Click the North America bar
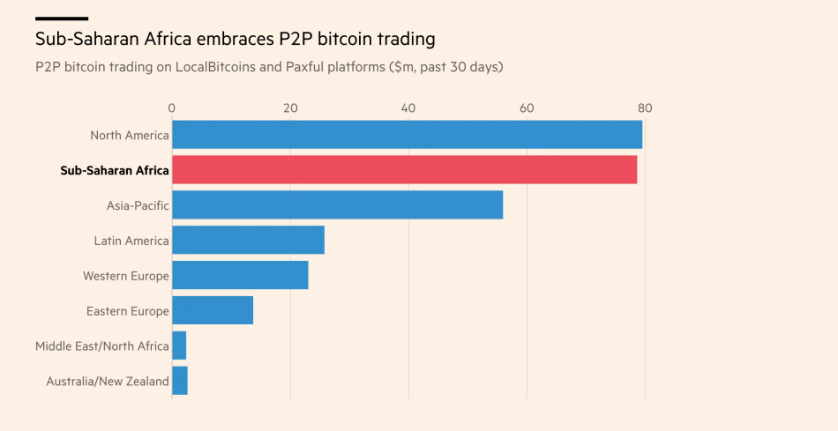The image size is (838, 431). click(407, 135)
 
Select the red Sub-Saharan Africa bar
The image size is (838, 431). click(404, 170)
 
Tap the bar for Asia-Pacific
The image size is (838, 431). click(337, 205)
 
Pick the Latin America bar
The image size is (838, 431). click(248, 241)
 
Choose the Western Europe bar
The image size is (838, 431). click(240, 276)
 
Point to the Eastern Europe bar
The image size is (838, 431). click(213, 310)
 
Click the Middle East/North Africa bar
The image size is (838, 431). click(179, 346)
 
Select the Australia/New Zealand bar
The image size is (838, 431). click(180, 381)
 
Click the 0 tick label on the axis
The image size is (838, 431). click(172, 108)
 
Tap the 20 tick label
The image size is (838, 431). click(290, 108)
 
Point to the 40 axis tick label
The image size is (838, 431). click(408, 108)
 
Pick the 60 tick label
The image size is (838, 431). click(527, 108)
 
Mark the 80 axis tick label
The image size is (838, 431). click(645, 108)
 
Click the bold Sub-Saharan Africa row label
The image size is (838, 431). click(114, 170)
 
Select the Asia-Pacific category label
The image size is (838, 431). click(138, 205)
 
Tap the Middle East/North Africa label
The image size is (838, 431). click(101, 346)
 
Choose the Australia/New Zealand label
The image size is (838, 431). click(107, 381)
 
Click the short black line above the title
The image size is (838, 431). click(61, 18)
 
